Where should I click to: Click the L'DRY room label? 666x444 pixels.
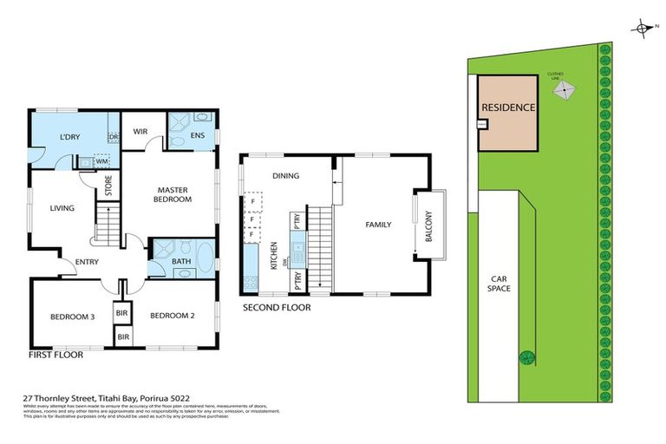(x=70, y=138)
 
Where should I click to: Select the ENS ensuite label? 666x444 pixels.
(x=197, y=135)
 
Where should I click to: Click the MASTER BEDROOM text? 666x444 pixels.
(x=173, y=194)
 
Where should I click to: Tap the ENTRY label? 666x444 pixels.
(x=87, y=263)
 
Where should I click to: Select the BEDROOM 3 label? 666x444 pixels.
(x=71, y=316)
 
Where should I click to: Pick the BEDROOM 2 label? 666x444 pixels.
(x=172, y=316)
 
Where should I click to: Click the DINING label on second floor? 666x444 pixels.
(x=285, y=176)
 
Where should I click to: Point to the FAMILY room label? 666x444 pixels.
(x=377, y=225)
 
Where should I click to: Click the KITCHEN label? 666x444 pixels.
(x=275, y=256)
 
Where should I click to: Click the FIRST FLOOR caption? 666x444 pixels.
(x=56, y=356)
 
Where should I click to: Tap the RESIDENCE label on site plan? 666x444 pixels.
(x=508, y=108)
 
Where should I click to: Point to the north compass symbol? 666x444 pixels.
(x=643, y=29)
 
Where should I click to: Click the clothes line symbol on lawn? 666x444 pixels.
(x=565, y=88)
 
